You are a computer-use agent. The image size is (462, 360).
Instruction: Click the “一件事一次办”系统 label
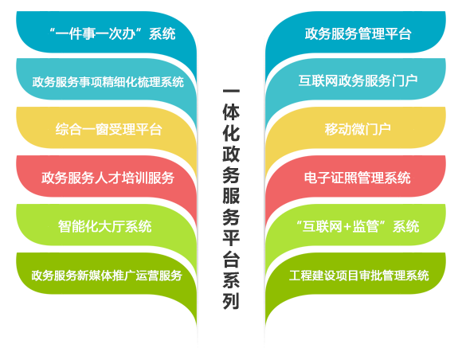pos(112,33)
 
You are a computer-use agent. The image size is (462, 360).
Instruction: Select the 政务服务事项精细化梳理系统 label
pos(108,81)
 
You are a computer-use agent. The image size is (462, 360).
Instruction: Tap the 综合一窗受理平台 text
pos(108,129)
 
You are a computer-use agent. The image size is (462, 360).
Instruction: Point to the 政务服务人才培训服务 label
pos(108,178)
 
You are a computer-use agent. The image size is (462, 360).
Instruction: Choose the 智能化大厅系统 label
pos(105,226)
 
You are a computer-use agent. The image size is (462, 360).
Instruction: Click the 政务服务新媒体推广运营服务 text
pos(107,275)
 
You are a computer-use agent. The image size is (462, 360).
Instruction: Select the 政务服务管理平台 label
pos(358,33)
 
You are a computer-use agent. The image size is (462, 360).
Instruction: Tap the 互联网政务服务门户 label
pos(358,80)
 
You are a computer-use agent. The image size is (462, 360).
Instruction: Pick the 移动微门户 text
pos(358,129)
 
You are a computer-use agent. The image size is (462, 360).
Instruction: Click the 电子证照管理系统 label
pos(358,178)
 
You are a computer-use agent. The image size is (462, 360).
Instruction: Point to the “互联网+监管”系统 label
pos(358,226)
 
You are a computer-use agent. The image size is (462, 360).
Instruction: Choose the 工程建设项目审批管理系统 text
pos(359,275)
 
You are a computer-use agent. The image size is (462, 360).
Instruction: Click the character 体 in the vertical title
pos(231,112)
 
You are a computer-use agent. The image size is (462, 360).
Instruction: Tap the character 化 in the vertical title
pos(231,132)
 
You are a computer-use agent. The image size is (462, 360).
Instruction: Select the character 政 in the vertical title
pos(231,154)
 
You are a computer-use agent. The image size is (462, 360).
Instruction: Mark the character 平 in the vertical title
pos(231,237)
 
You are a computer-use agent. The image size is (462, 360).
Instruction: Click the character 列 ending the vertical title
pos(231,300)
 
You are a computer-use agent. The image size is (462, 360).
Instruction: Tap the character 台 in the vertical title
pos(231,258)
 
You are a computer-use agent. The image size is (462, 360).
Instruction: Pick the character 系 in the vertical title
pos(231,280)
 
